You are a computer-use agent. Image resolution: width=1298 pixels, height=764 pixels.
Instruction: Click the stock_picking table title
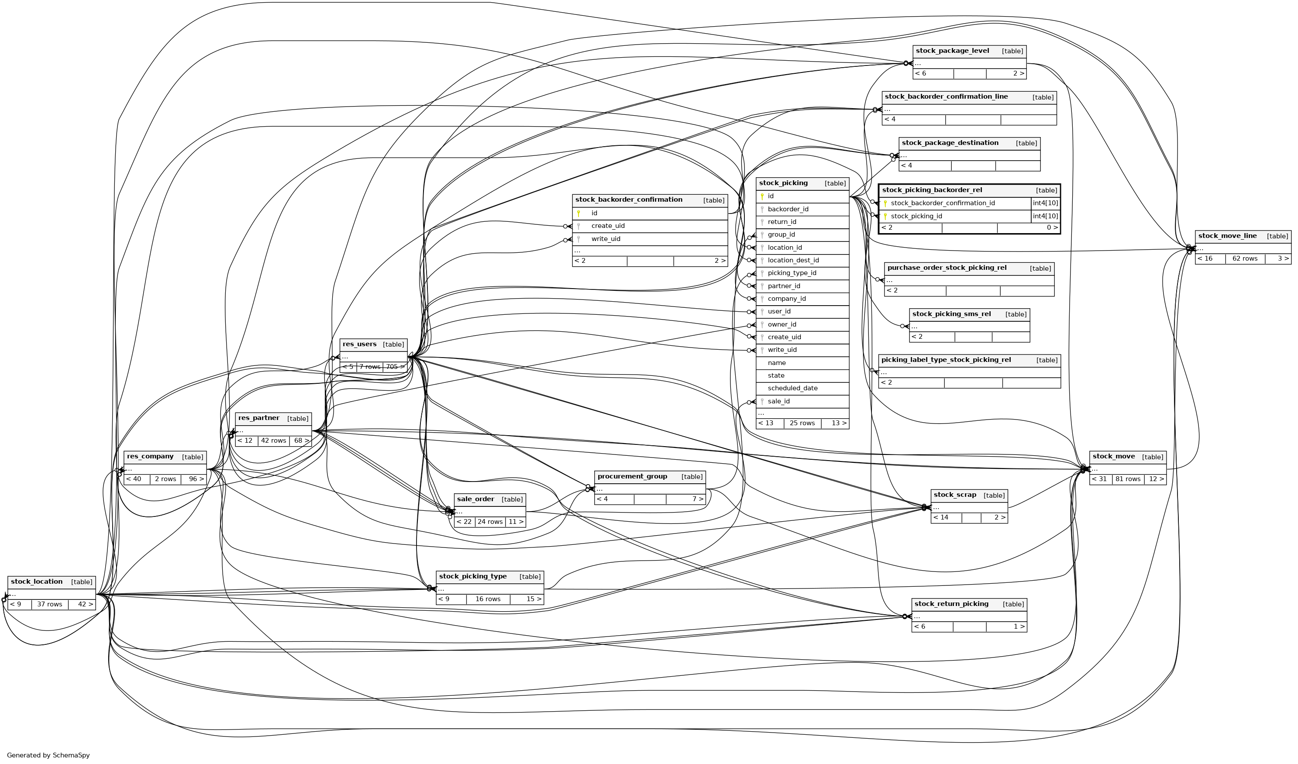click(783, 183)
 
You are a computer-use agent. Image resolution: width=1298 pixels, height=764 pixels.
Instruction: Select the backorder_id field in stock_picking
click(788, 209)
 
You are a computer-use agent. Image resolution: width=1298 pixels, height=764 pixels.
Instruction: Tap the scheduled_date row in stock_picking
click(792, 389)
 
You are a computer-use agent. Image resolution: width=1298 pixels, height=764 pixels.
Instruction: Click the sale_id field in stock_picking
click(778, 401)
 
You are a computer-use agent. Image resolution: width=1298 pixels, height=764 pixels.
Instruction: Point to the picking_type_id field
click(792, 273)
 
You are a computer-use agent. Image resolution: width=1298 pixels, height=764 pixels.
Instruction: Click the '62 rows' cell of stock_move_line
click(1244, 258)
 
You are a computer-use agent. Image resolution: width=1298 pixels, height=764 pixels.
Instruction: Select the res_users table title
click(359, 344)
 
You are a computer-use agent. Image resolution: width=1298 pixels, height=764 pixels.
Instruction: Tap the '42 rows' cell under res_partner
click(273, 441)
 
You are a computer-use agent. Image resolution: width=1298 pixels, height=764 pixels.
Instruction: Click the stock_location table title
click(37, 582)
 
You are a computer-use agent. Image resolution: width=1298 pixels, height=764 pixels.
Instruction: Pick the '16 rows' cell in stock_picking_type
click(487, 599)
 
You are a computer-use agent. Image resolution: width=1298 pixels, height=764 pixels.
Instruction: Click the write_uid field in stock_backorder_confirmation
click(606, 239)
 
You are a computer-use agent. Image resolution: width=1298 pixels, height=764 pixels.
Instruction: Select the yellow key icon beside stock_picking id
click(762, 196)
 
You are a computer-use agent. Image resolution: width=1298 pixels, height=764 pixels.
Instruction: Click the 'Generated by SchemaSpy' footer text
click(48, 755)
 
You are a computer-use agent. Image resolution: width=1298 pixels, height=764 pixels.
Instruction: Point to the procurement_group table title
click(632, 477)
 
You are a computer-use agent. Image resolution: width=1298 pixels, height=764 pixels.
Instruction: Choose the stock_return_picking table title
click(951, 604)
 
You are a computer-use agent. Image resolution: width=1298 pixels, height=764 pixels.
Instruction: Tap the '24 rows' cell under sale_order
click(489, 522)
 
